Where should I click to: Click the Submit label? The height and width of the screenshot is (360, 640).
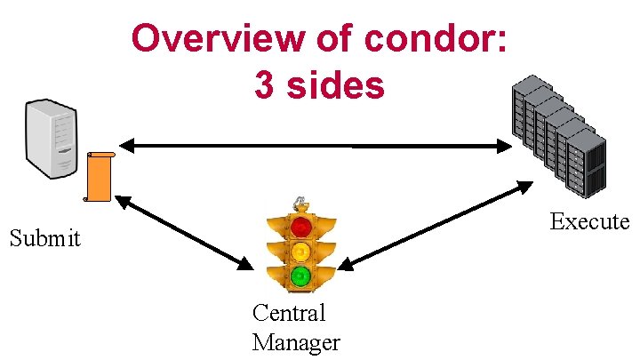(x=44, y=238)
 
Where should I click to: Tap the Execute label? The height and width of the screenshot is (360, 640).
(x=589, y=221)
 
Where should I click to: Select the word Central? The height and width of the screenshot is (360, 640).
(x=289, y=313)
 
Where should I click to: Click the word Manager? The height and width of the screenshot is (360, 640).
(x=296, y=342)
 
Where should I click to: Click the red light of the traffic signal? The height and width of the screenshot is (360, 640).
(x=301, y=225)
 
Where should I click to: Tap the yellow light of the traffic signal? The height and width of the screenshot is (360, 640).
(x=301, y=251)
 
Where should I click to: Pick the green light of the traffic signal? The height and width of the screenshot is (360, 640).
(x=301, y=276)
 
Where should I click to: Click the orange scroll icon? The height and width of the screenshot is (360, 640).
(x=99, y=177)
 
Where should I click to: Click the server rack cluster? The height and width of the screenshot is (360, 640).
(x=558, y=138)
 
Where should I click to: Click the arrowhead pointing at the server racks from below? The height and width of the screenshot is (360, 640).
(x=525, y=186)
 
